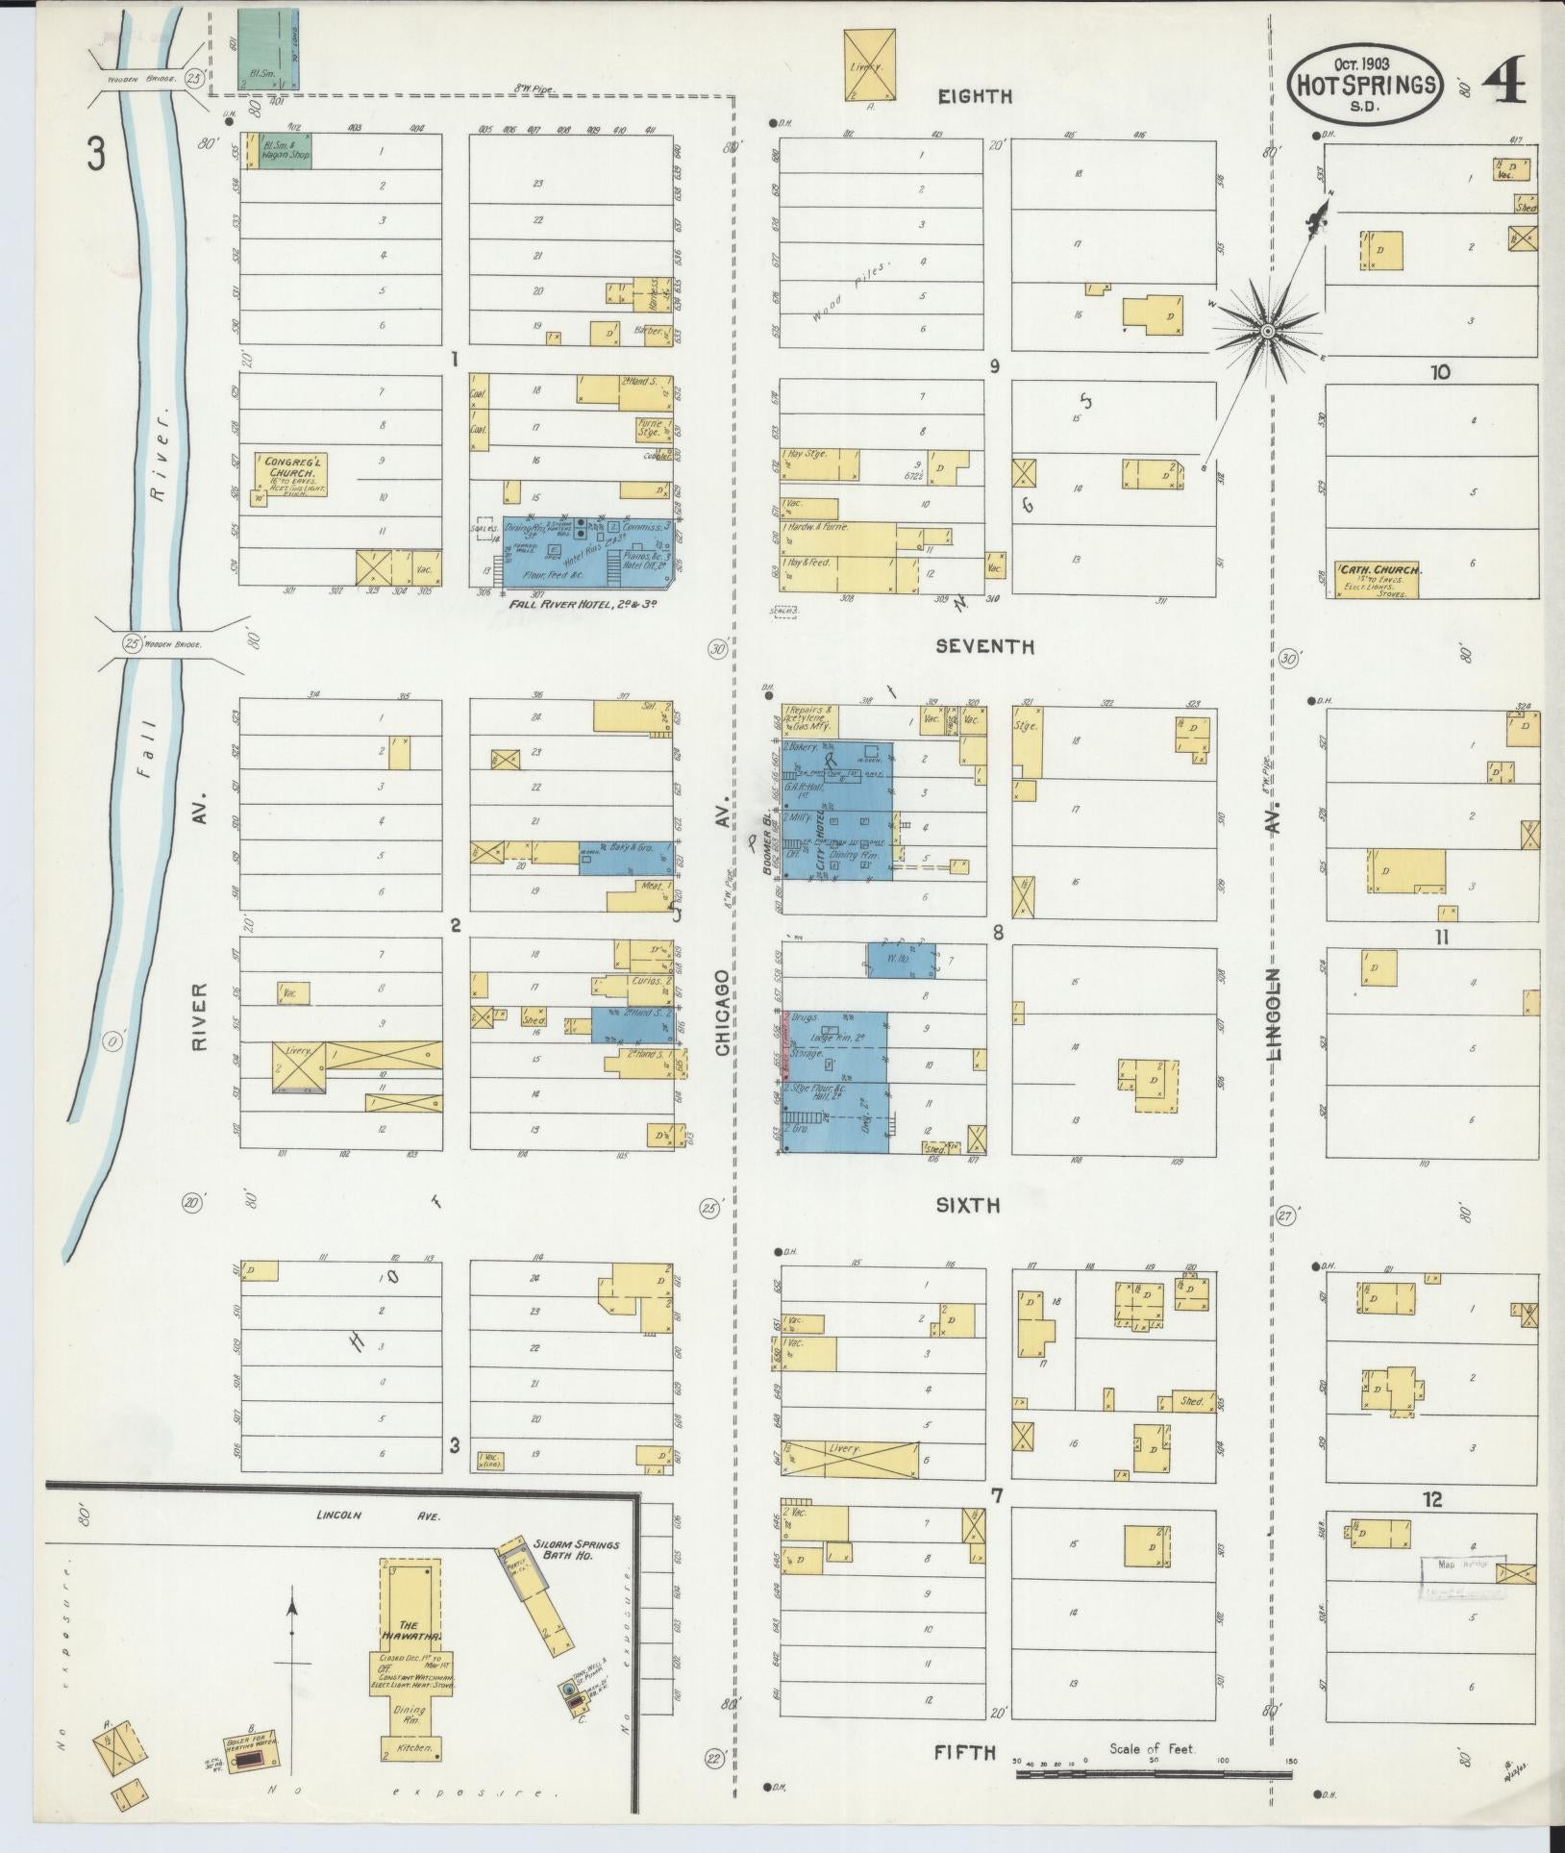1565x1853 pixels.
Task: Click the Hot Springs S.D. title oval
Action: pyautogui.click(x=1364, y=84)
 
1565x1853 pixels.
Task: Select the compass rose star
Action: pyautogui.click(x=1267, y=331)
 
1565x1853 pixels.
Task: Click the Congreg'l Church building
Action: pyautogui.click(x=290, y=474)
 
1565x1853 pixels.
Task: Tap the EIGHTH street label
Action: pyautogui.click(x=975, y=96)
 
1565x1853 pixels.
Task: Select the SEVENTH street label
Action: pyautogui.click(x=985, y=647)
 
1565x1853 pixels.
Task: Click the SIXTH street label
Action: pyautogui.click(x=969, y=1205)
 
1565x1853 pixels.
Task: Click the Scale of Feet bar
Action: pyautogui.click(x=1154, y=1770)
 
